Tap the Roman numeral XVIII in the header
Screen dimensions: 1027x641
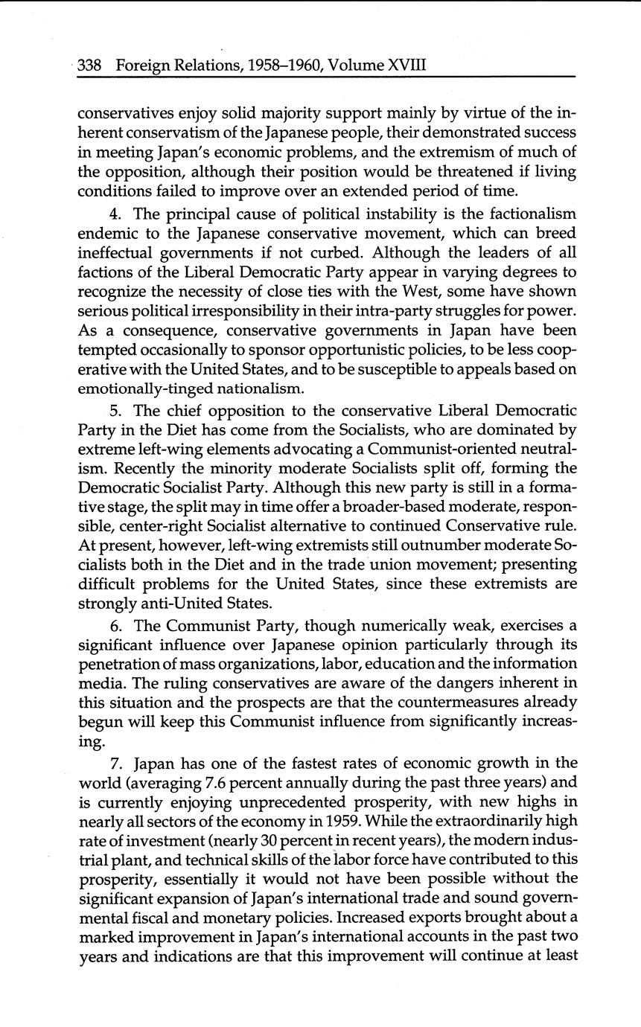406,65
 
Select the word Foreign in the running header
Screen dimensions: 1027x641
143,65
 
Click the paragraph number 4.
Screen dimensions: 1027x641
115,214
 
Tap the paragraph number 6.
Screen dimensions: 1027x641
114,626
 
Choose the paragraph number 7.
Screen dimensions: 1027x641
114,764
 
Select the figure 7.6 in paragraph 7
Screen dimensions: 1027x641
216,783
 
